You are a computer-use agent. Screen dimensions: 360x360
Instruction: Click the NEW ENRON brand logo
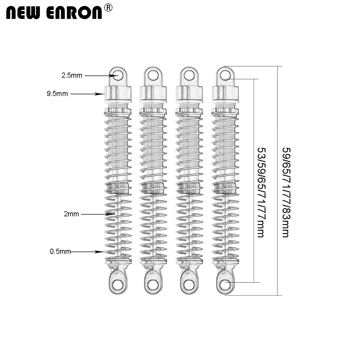click(x=54, y=13)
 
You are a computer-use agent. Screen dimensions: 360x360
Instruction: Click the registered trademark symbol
click(x=108, y=8)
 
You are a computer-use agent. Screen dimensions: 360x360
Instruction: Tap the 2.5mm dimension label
click(x=72, y=75)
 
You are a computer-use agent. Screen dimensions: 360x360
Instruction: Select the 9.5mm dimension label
click(x=57, y=94)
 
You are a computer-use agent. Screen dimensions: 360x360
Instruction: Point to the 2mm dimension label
click(x=71, y=214)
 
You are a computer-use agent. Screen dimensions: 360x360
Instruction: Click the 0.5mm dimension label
click(x=60, y=252)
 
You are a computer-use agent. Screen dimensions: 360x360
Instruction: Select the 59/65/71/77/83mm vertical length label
click(x=286, y=192)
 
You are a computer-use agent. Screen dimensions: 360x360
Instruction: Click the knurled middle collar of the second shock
click(x=154, y=188)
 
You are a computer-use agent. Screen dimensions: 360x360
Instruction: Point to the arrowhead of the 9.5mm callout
click(x=102, y=94)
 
